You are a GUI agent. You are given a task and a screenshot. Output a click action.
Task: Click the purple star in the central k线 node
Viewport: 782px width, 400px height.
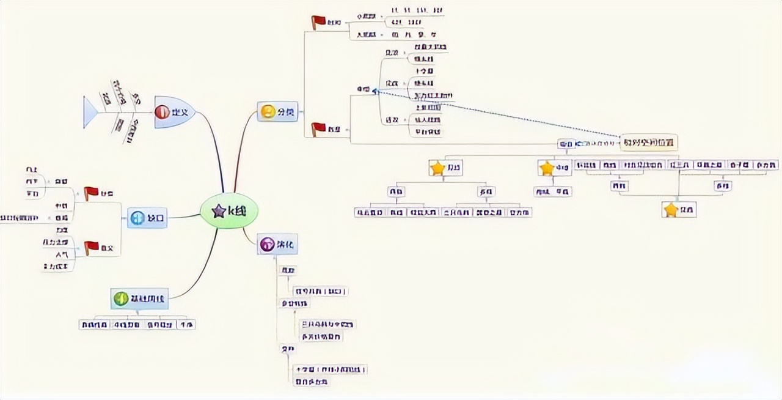coord(218,211)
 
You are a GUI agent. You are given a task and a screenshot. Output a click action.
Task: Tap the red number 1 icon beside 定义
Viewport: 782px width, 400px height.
coord(162,112)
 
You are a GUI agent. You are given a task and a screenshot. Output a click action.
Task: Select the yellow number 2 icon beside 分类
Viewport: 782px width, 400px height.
coord(268,112)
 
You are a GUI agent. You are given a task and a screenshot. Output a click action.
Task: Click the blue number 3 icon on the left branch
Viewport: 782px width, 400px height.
coord(137,217)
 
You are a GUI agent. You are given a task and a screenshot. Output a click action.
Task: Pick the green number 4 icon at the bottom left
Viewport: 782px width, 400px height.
coord(121,298)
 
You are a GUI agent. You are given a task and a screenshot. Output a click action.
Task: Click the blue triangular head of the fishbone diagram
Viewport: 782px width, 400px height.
coord(90,113)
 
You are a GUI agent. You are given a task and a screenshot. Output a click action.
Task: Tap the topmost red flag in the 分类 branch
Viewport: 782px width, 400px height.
coord(318,22)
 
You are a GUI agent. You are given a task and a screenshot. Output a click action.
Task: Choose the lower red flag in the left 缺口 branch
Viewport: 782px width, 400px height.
coord(91,247)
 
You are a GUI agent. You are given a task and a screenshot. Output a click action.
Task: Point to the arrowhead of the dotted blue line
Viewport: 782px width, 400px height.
coord(375,91)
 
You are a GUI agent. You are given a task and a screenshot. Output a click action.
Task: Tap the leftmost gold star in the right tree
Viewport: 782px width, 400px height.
coord(437,168)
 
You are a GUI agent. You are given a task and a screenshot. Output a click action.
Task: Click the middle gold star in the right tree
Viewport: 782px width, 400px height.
coord(546,168)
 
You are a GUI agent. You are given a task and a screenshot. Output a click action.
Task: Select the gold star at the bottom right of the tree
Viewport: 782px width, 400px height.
coord(671,210)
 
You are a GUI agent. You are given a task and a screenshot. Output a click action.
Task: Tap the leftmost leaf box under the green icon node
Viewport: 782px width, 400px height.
coord(95,325)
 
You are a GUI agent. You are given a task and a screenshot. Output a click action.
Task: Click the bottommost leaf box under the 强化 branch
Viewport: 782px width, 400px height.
coord(311,382)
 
